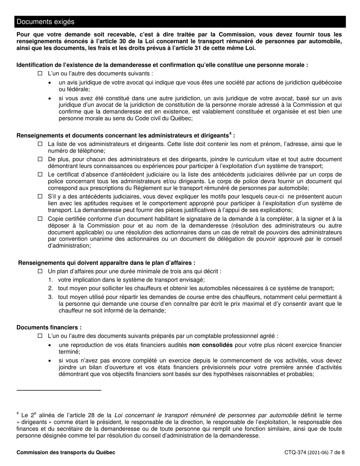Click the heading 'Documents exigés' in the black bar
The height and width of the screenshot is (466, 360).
pyautogui.click(x=45, y=22)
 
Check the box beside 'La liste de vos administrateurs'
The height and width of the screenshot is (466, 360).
pyautogui.click(x=40, y=144)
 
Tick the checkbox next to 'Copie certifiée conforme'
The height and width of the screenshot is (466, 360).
pyautogui.click(x=40, y=219)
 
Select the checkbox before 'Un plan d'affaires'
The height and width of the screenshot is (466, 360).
pyautogui.click(x=40, y=271)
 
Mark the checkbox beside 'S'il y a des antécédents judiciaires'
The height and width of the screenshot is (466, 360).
pyautogui.click(x=40, y=197)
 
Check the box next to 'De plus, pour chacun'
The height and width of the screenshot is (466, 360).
pyautogui.click(x=40, y=160)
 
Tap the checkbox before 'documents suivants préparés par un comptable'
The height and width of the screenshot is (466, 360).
pyautogui.click(x=40, y=336)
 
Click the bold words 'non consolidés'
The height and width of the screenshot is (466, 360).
pyautogui.click(x=211, y=345)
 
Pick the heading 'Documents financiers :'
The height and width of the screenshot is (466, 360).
pyautogui.click(x=49, y=327)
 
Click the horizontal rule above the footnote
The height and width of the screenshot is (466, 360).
pyautogui.click(x=59, y=390)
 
